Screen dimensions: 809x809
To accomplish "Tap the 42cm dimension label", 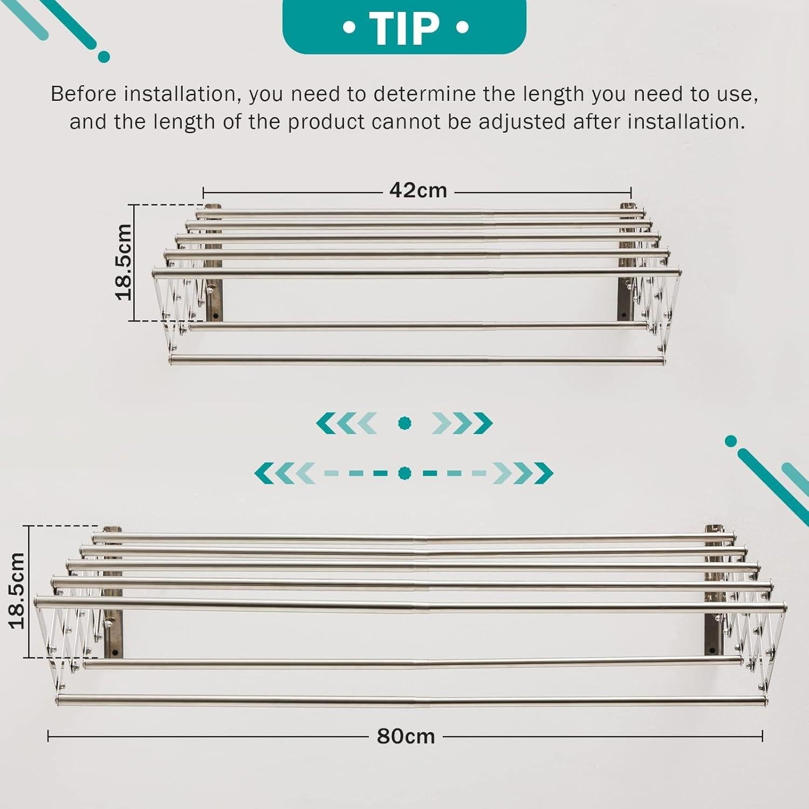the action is pos(418,190).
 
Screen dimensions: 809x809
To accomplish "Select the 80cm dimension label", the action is pos(406,736).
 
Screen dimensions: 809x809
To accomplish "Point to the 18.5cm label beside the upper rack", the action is pos(124,262).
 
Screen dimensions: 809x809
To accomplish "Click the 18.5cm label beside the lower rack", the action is pos(17,591).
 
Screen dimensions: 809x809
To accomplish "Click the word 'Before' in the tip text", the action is pos(83,94).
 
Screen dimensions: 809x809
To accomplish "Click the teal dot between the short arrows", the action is pos(404,423).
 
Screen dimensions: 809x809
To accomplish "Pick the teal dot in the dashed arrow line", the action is pos(404,474).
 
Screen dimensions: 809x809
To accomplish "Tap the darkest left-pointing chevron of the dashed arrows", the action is pos(265,474).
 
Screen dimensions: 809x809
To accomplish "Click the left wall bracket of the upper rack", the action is pos(213,262).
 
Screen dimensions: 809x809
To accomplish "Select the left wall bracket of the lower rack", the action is pos(113,593).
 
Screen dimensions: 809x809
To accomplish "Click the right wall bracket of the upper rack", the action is pos(627,262).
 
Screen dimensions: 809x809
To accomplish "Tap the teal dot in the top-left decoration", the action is pos(104,57).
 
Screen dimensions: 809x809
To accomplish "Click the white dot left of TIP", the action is pos(349,28).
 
